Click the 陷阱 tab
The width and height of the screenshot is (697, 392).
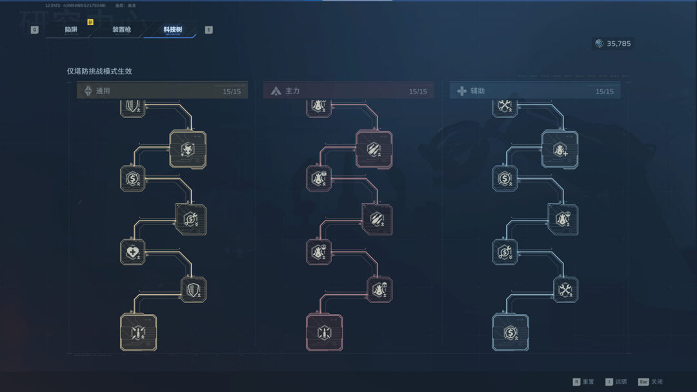pyautogui.click(x=71, y=30)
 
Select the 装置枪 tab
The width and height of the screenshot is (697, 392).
pyautogui.click(x=121, y=30)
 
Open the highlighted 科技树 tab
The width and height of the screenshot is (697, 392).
pyautogui.click(x=172, y=30)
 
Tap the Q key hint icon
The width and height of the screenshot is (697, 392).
pyautogui.click(x=35, y=30)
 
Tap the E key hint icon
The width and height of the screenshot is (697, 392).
pyautogui.click(x=208, y=30)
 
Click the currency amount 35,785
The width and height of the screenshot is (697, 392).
pyautogui.click(x=619, y=44)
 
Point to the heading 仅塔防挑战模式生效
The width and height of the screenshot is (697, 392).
pyautogui.click(x=99, y=71)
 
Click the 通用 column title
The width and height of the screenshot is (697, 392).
pyautogui.click(x=103, y=91)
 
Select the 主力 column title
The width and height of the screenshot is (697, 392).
pyautogui.click(x=292, y=91)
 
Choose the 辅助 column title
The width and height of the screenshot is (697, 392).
pyautogui.click(x=478, y=91)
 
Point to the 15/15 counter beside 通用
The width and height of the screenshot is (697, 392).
pyautogui.click(x=231, y=92)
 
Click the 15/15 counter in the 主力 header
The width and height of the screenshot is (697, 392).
pyautogui.click(x=418, y=92)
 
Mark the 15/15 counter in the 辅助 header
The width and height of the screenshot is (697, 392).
pyautogui.click(x=604, y=92)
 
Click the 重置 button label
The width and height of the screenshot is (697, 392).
pyautogui.click(x=588, y=382)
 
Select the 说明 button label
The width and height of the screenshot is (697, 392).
pyautogui.click(x=620, y=382)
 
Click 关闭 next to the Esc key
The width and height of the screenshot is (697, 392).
pyautogui.click(x=656, y=382)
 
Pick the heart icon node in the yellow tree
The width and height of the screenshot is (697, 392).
pyautogui.click(x=132, y=251)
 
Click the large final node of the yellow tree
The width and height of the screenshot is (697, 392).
pyautogui.click(x=138, y=332)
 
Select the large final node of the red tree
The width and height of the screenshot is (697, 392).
pyautogui.click(x=324, y=332)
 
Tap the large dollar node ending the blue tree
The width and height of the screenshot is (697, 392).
pyautogui.click(x=510, y=332)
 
